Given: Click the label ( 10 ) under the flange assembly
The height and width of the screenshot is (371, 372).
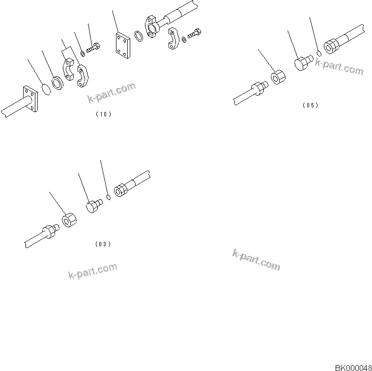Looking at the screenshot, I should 103,114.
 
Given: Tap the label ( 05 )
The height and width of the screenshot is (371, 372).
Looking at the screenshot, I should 310,105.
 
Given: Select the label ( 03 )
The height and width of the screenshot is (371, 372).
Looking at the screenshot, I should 102,243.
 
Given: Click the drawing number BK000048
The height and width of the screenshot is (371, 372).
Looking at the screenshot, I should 353,367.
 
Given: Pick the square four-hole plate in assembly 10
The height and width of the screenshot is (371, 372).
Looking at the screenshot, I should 121,46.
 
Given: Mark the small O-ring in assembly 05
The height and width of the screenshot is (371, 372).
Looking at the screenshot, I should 318,53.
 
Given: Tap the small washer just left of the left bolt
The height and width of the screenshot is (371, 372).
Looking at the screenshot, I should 83,53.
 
